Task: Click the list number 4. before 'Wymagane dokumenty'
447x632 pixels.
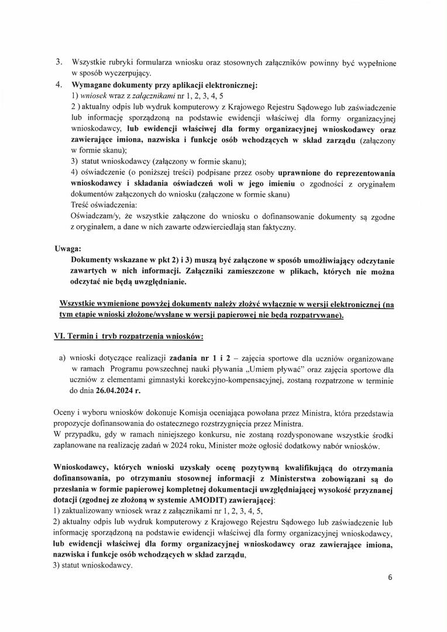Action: pyautogui.click(x=60, y=84)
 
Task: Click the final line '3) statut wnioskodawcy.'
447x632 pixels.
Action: pyautogui.click(x=92, y=566)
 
